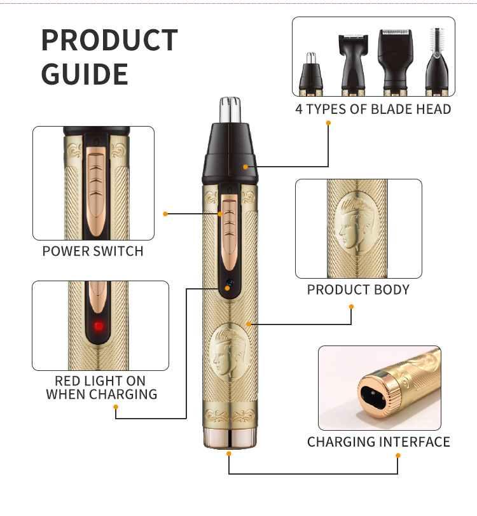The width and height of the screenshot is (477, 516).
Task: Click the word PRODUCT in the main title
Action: tap(109, 40)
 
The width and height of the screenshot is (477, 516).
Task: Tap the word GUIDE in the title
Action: tap(85, 74)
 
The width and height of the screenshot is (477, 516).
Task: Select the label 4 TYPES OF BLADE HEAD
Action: tap(373, 109)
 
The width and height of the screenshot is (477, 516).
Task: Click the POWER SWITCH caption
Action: tap(93, 251)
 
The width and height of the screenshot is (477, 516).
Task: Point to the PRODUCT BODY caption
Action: tap(358, 289)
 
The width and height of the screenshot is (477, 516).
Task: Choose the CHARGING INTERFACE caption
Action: tap(378, 442)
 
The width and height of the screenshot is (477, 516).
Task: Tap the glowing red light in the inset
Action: tap(99, 326)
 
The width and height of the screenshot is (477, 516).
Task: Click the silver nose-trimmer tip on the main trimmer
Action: tap(230, 109)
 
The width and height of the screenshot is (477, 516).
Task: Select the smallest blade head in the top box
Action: tap(311, 74)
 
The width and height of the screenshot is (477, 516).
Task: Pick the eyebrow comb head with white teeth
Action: tap(437, 62)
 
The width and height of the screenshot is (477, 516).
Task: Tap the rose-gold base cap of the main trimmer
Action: tap(230, 438)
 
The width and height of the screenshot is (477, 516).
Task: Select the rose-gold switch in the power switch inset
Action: tap(97, 192)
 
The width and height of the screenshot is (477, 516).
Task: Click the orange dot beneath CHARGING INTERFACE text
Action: tap(398, 456)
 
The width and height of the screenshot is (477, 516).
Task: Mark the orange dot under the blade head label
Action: tap(328, 123)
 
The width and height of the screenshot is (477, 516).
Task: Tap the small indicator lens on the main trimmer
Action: tap(230, 282)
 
